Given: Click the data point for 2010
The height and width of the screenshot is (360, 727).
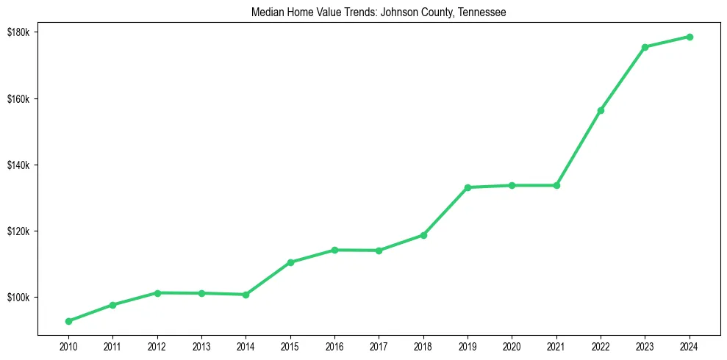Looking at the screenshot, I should (68, 321).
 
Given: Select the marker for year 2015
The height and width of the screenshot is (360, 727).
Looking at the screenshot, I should (290, 262).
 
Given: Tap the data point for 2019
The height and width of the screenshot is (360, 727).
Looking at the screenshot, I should (468, 187).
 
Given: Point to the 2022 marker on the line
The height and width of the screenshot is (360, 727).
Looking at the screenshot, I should (601, 110).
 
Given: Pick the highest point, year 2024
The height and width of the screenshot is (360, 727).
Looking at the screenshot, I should (690, 37).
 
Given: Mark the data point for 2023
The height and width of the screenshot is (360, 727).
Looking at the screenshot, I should (645, 47).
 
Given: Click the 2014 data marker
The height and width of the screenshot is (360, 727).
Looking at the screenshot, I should (246, 295).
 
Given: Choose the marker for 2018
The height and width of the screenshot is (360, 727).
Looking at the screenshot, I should (423, 235).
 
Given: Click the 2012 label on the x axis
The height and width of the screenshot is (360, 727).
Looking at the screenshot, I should (157, 345).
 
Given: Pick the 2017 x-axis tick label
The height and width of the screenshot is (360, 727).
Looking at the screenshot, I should (379, 345).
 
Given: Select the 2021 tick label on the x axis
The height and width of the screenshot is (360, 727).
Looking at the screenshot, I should (556, 345).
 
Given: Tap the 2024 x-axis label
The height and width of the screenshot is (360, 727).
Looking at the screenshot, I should (690, 345).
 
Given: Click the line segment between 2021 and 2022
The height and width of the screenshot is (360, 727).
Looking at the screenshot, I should (579, 148).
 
